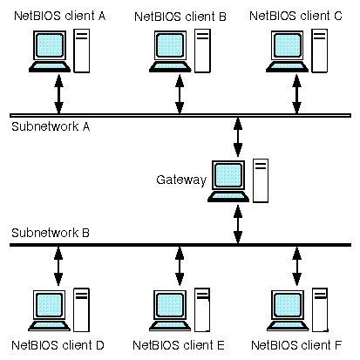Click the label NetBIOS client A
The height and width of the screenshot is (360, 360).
tap(60, 16)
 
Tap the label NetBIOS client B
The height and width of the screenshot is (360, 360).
tap(180, 17)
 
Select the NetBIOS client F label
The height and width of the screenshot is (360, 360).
tap(296, 345)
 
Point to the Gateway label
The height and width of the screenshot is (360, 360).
tap(181, 180)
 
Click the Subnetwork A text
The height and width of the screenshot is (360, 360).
tap(51, 126)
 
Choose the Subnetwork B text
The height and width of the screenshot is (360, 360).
tap(51, 233)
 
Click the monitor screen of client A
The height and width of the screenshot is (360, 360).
tap(50, 45)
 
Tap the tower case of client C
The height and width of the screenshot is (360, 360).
tap(319, 51)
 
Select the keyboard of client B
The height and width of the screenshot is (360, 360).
tap(170, 67)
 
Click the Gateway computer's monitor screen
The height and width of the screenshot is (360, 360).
tap(228, 175)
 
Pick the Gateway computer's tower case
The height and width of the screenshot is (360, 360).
tap(261, 180)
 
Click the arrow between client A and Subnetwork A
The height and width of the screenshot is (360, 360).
tap(58, 94)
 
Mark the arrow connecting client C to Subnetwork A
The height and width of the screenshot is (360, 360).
tap(296, 94)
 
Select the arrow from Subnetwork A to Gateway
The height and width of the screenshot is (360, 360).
tap(238, 137)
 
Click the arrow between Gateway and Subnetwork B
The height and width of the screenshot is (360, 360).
tap(238, 224)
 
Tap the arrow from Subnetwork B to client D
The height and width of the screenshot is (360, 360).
tap(58, 266)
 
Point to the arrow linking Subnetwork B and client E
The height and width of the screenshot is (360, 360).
tap(180, 266)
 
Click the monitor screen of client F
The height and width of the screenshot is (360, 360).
tap(287, 305)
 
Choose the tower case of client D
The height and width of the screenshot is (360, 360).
tap(81, 309)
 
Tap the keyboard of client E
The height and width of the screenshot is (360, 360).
tap(170, 326)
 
